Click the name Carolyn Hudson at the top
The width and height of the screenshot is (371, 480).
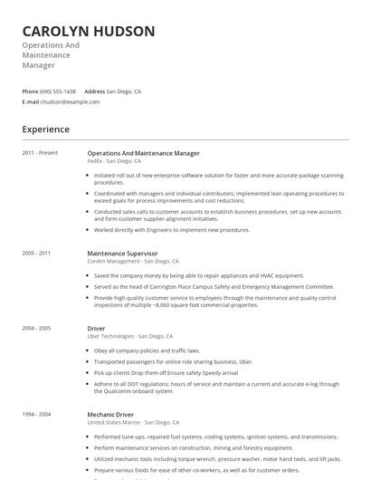coord(89,32)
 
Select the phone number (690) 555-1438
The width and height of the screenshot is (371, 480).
coord(58,91)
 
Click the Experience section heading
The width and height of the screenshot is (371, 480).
coord(46,130)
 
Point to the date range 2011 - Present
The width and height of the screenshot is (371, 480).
coord(40,153)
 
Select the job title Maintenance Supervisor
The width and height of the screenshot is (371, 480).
coord(122,254)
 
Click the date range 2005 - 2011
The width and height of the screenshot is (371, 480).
coord(36,254)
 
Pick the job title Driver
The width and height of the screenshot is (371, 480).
coord(96,329)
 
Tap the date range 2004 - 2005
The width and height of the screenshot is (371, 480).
coord(36,329)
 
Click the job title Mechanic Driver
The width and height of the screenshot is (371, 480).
coord(111,415)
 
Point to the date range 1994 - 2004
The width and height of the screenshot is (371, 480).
coord(36,415)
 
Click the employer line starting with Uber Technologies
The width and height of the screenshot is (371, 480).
coord(129,336)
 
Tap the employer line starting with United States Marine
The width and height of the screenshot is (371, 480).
coord(133,422)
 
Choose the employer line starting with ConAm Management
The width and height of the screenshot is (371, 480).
coord(131,261)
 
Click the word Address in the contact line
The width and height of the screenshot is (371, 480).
coord(94,91)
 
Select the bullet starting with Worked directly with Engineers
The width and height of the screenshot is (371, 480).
coord(172,230)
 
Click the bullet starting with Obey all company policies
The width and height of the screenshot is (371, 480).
coord(147,350)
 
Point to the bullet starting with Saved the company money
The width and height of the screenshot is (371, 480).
coord(199,275)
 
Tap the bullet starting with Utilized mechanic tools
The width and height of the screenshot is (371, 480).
coord(217,459)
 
